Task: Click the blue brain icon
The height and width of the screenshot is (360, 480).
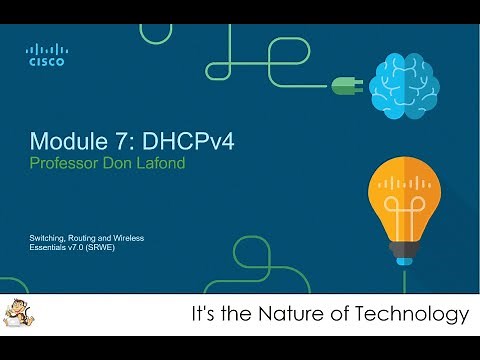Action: pyautogui.click(x=401, y=86)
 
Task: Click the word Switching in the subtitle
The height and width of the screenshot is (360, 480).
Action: pyautogui.click(x=47, y=236)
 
